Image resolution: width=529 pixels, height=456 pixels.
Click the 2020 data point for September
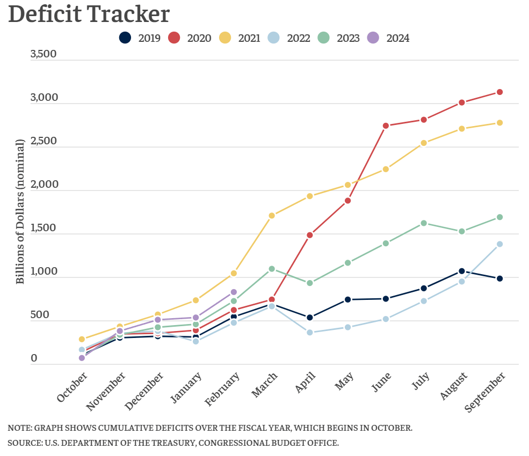pyautogui.click(x=499, y=92)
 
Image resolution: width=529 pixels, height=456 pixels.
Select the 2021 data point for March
pyautogui.click(x=272, y=215)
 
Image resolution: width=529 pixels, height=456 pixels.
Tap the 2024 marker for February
pyautogui.click(x=234, y=292)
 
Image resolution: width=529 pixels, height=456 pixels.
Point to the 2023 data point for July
pyautogui.click(x=424, y=223)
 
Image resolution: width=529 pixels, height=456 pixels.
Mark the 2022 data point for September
pyautogui.click(x=499, y=244)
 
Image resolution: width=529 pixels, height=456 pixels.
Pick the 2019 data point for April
pyautogui.click(x=310, y=318)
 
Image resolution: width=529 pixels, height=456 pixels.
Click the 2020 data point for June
pyautogui.click(x=386, y=126)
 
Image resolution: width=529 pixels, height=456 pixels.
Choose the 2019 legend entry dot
pyautogui.click(x=125, y=38)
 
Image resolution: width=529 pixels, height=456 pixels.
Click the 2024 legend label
pyautogui.click(x=398, y=38)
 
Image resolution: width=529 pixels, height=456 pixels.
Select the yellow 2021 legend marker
pyautogui.click(x=225, y=38)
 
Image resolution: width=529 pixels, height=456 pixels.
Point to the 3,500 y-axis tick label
pyautogui.click(x=44, y=54)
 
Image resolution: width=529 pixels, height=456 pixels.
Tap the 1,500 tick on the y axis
pyautogui.click(x=43, y=228)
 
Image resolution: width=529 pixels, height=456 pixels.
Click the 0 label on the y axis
pyautogui.click(x=34, y=358)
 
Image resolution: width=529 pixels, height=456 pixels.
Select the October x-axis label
pyautogui.click(x=71, y=387)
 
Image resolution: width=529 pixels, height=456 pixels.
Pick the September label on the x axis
pyautogui.click(x=485, y=392)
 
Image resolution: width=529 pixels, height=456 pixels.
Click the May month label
pyautogui.click(x=344, y=381)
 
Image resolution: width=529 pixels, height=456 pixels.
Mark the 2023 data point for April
pyautogui.click(x=310, y=283)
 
